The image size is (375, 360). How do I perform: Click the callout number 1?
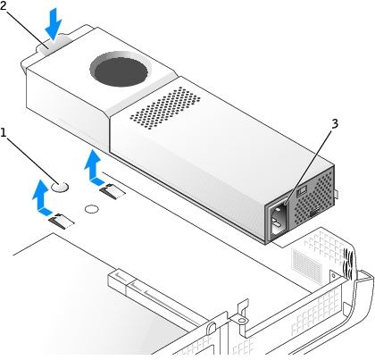(4, 133)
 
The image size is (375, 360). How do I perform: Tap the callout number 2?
(3, 5)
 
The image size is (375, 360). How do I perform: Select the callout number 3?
(335, 123)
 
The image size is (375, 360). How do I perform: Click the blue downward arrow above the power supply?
(54, 24)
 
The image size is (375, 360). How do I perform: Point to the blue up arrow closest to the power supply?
(95, 167)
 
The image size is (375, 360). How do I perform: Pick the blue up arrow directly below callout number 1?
(43, 197)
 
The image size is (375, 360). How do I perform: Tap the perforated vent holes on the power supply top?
(165, 108)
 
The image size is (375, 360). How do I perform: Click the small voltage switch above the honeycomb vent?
(302, 190)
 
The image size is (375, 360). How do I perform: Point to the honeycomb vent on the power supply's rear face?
(313, 194)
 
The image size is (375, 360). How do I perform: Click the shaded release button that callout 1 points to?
(60, 187)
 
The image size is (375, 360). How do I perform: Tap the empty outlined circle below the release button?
(92, 209)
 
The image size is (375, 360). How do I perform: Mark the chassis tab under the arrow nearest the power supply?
(112, 192)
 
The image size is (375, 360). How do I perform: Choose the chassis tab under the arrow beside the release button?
(61, 222)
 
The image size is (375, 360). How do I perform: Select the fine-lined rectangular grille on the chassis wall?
(307, 267)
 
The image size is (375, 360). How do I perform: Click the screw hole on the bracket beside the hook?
(242, 321)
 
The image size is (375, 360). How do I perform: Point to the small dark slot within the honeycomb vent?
(315, 212)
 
